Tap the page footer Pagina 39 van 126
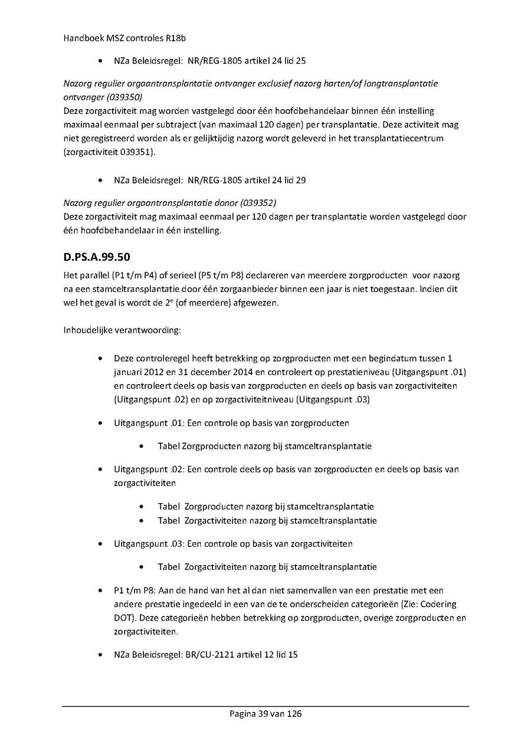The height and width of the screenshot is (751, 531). click(265, 713)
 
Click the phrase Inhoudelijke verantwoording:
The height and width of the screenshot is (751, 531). click(122, 330)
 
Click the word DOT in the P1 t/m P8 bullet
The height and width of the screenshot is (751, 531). click(123, 618)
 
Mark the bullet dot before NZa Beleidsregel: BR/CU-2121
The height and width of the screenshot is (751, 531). click(101, 655)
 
